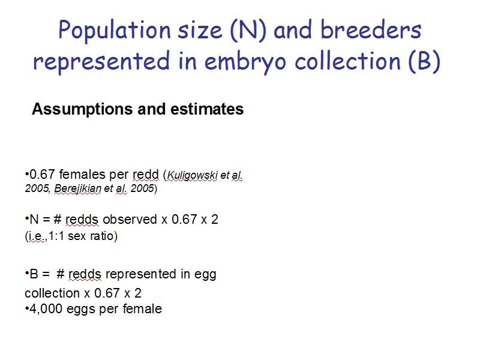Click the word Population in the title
(x=115, y=31)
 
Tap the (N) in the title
(x=248, y=31)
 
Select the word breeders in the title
(x=371, y=29)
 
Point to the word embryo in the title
(x=245, y=62)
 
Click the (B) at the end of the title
(x=424, y=61)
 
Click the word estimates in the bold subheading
(x=207, y=109)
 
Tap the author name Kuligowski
(x=192, y=175)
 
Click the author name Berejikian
(x=78, y=188)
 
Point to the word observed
(x=130, y=220)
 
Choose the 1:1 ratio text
(x=56, y=236)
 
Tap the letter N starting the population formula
(x=34, y=220)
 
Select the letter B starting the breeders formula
(x=34, y=274)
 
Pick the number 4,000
(x=46, y=309)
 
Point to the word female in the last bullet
(x=142, y=308)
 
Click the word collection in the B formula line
(x=52, y=293)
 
